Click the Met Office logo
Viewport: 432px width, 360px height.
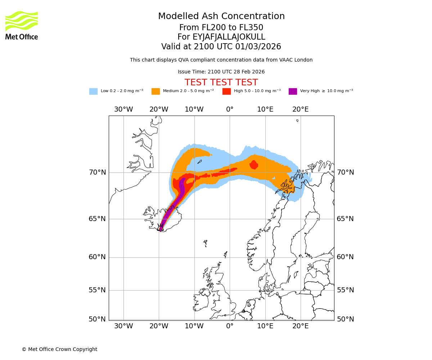coord(22,25)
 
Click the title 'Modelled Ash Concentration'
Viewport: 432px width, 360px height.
coord(221,17)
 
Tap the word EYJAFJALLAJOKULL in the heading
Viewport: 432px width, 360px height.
coord(229,37)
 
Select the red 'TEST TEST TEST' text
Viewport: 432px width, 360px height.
coord(221,82)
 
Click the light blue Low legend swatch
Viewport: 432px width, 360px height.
coord(93,91)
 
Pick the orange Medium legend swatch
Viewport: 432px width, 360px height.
coord(156,91)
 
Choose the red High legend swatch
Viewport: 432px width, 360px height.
coord(226,91)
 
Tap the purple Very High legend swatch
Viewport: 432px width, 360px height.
coord(293,91)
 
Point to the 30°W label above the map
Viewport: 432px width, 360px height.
coord(123,109)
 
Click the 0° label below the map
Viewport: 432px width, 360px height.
coord(230,326)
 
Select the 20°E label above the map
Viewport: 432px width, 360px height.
coord(301,109)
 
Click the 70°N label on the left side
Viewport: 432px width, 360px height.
coord(98,172)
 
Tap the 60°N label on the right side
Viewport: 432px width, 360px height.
coord(345,257)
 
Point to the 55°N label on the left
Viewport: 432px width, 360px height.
coord(98,290)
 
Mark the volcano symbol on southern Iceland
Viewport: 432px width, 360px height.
coord(161,228)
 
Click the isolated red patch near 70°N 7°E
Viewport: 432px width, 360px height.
coord(254,165)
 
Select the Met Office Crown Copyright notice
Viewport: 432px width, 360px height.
coord(59,349)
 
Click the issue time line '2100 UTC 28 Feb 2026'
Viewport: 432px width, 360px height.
coord(221,72)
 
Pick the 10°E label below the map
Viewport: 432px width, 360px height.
coord(265,326)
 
